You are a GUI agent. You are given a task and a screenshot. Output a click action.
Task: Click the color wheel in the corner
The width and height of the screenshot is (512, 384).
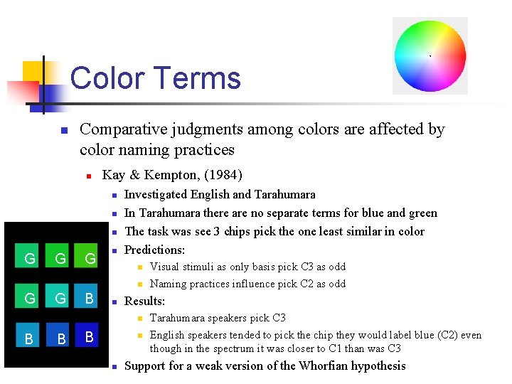[430, 55]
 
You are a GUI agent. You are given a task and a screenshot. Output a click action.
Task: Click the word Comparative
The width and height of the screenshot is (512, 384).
[122, 129]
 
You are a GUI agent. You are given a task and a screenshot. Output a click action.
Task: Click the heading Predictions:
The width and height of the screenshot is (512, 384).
[154, 250]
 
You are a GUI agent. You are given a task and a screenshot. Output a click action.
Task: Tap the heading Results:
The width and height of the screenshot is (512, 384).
[144, 301]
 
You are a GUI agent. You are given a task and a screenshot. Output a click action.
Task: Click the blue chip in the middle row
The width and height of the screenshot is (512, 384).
[89, 298]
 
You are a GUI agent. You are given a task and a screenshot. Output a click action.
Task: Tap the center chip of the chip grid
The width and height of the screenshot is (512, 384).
[60, 298]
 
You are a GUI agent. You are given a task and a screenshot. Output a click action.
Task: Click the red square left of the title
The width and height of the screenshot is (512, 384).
[21, 92]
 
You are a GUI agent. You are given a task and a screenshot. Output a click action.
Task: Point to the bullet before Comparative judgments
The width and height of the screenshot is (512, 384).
[63, 131]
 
